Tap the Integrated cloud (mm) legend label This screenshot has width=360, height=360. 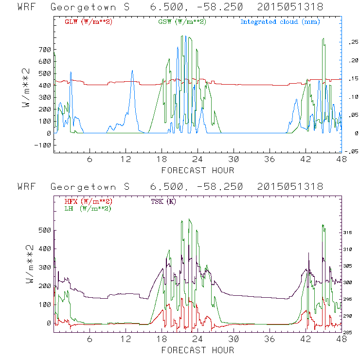click(280, 22)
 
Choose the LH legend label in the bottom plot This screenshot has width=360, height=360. click(88, 208)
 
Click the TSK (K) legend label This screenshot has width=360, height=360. click(164, 201)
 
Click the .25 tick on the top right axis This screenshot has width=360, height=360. click(351, 43)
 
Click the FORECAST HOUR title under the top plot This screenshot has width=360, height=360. click(198, 170)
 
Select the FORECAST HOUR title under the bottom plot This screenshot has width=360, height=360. click(198, 350)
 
